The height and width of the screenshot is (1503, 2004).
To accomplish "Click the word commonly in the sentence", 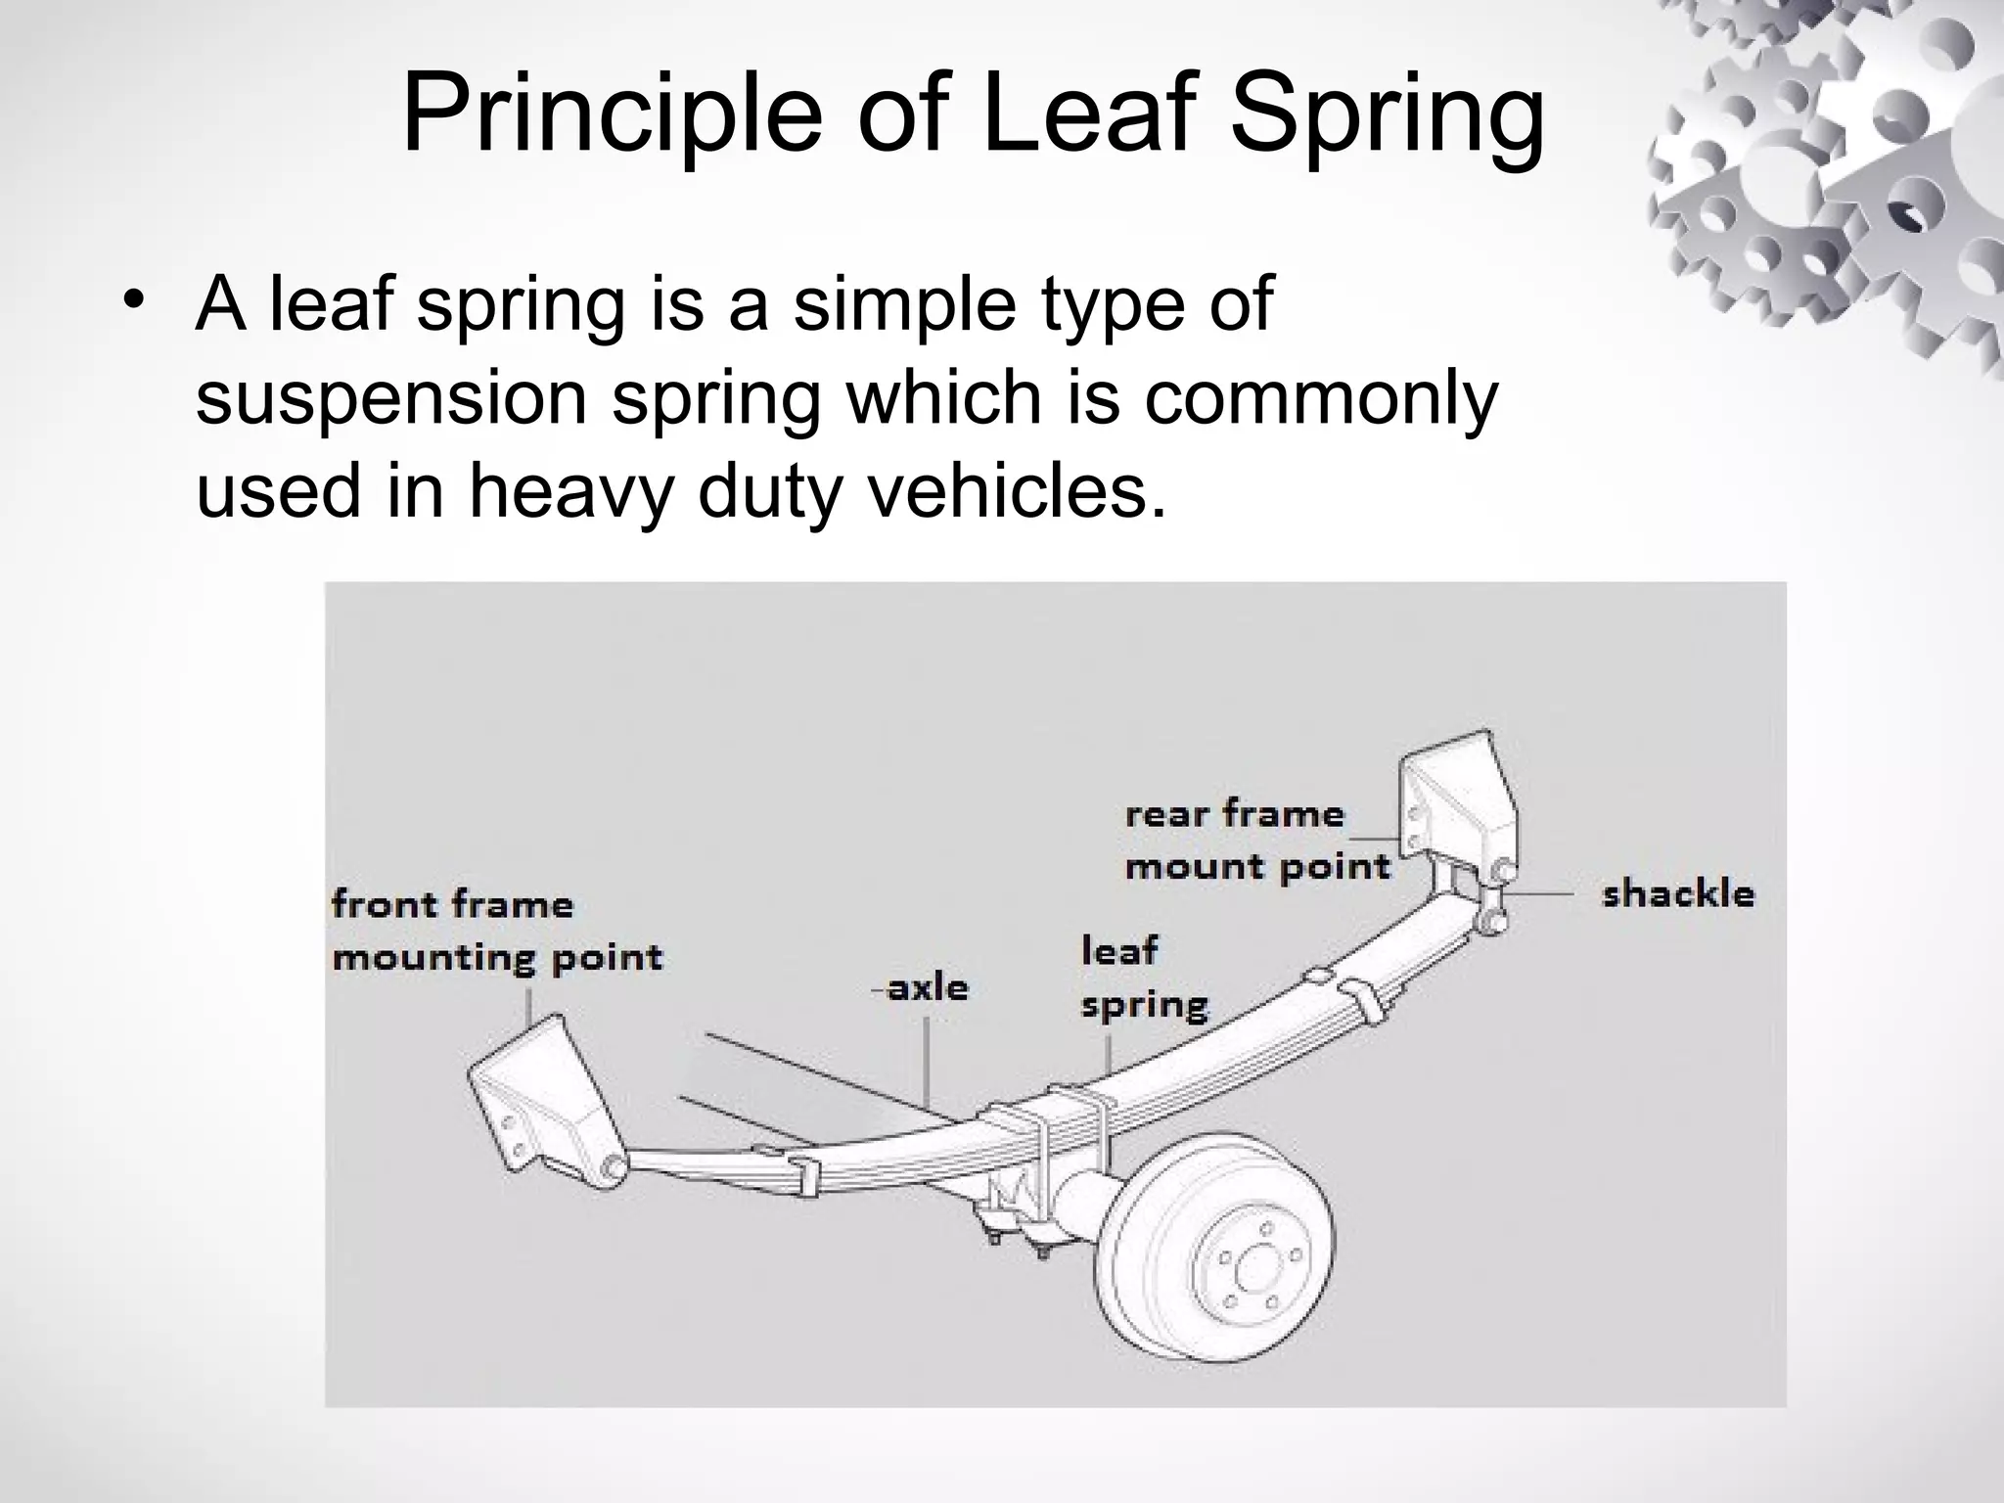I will (1320, 398).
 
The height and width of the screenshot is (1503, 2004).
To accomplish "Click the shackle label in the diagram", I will (1677, 893).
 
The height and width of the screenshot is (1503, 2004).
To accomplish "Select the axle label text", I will (927, 987).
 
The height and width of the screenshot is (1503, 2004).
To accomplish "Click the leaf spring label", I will (1143, 977).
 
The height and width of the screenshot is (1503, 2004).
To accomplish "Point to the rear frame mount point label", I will (1256, 841).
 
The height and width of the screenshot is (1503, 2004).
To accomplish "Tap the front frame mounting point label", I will (497, 930).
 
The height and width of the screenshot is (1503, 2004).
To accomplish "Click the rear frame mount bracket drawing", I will (1457, 794).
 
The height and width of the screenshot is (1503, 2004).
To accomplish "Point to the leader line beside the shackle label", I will (1538, 893).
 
